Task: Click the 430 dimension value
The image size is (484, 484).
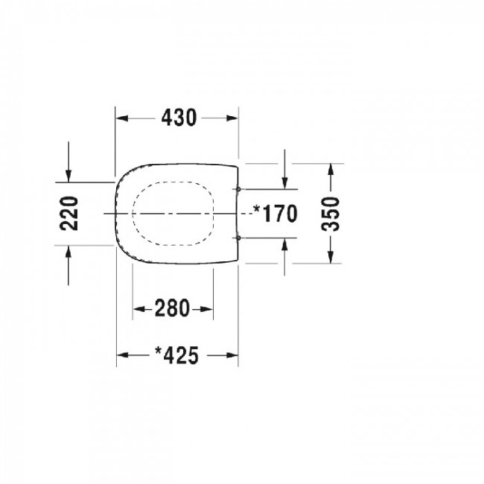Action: [179, 118]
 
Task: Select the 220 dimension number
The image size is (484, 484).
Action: [69, 213]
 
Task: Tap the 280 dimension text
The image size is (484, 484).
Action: [172, 308]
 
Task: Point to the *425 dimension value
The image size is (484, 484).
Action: [176, 355]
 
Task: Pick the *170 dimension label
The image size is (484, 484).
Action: [276, 213]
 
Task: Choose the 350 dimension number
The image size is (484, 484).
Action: [331, 214]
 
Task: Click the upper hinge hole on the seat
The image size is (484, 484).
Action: [238, 189]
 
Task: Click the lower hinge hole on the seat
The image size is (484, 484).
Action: [238, 238]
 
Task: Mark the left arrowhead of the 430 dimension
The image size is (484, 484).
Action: [122, 118]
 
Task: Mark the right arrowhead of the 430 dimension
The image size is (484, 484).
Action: [232, 118]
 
